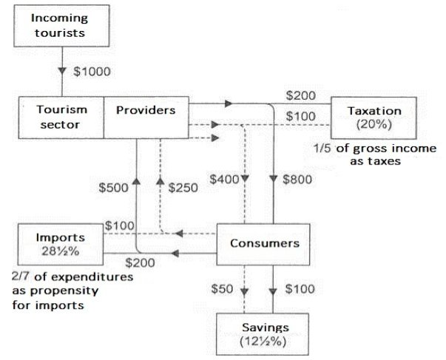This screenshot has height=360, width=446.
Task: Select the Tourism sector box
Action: coord(62,116)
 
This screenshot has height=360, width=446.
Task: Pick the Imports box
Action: coord(61,244)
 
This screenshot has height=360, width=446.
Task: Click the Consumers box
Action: coord(264,243)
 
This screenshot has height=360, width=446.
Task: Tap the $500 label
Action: coord(114,188)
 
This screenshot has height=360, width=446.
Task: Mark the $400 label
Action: coord(224,180)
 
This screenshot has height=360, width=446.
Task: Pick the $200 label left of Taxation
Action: coord(301,95)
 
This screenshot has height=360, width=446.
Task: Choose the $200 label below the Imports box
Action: coord(140,263)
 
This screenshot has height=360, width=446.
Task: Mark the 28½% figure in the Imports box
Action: coord(61,251)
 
